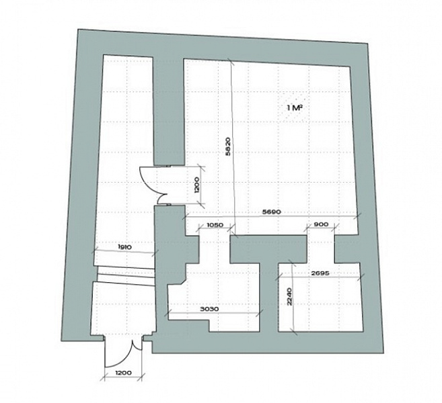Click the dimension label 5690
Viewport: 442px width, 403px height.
[x=272, y=212]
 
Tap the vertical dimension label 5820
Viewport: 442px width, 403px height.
[x=228, y=146]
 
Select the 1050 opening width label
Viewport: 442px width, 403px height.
[x=215, y=225]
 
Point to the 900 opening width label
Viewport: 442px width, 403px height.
[x=321, y=224]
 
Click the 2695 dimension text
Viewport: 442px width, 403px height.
[x=320, y=273]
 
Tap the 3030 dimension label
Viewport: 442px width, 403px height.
[x=209, y=309]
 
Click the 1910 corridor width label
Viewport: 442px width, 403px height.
[x=124, y=247]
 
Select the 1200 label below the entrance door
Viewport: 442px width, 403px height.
[x=123, y=373]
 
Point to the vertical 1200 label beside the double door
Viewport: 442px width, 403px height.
[x=197, y=185]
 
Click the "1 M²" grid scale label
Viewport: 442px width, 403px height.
[x=295, y=107]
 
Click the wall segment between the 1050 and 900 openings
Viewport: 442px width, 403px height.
[x=268, y=249]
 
